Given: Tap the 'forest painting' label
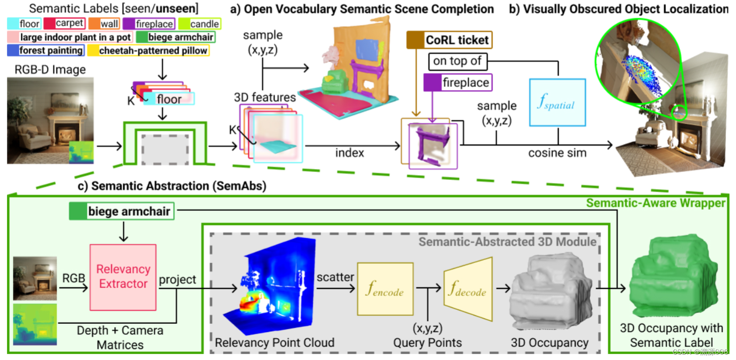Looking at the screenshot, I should coord(46,50).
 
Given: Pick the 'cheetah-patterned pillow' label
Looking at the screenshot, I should coord(148,50).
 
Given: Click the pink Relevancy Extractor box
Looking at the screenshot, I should coord(123,276).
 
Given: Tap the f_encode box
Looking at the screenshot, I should coord(385,289).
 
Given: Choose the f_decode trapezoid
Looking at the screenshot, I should coord(467,288).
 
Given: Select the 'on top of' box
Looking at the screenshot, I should coord(458,61).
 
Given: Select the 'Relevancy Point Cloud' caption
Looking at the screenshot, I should coord(275,342).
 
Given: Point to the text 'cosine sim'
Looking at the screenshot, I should coord(556,153).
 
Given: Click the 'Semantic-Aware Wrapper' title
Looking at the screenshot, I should coord(655,203).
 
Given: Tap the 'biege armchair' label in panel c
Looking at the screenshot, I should coord(120,212).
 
